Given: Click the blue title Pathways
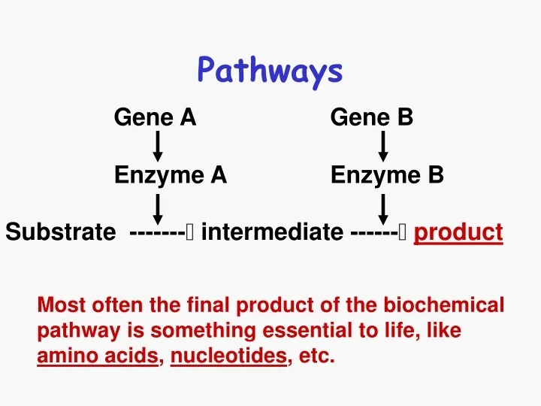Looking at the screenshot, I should [270, 71].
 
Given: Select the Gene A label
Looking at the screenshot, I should [155, 117].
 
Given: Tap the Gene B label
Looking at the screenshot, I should [371, 117].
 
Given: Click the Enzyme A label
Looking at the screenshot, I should [170, 175].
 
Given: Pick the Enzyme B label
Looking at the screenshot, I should [387, 175].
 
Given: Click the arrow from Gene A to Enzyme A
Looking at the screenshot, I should [158, 147].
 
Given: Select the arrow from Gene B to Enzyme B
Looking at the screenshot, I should [383, 147].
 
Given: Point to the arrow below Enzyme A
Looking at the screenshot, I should [158, 209].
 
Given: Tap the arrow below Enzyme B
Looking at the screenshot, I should [383, 209].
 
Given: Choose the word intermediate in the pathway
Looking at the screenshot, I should [271, 232].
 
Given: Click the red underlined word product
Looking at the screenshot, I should [458, 232].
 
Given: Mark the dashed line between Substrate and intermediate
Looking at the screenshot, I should [158, 232].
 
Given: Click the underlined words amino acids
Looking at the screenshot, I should [98, 356].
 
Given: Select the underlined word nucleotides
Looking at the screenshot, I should [229, 356].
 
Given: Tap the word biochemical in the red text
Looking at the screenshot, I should [444, 305].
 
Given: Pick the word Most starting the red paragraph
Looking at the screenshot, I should [61, 305].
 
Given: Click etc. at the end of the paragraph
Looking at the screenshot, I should [316, 356].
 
